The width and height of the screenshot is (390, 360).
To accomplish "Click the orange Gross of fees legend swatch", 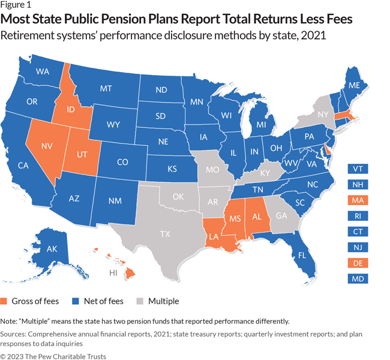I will click(x=5, y=301).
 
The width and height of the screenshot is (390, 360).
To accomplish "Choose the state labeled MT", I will click(x=106, y=89).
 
